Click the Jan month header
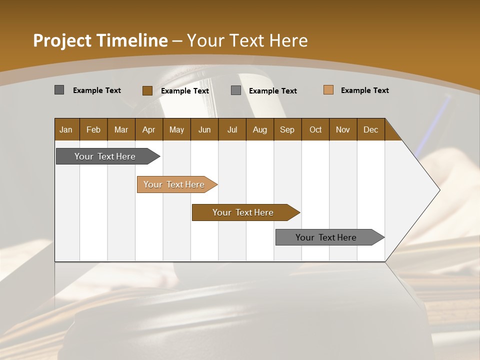coord(66,129)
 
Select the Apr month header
coord(148,129)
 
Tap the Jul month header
coord(232,129)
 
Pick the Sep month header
coord(287,129)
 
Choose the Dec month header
coord(370,129)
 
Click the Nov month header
coord(342,129)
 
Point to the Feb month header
coord(93,129)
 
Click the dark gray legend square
coord(59,90)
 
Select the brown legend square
coord(147,90)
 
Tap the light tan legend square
coord(328,90)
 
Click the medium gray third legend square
coord(235,90)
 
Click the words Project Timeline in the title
coord(100,40)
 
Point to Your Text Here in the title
coord(247,40)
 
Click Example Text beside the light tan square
coord(364,90)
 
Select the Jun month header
coord(204,129)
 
